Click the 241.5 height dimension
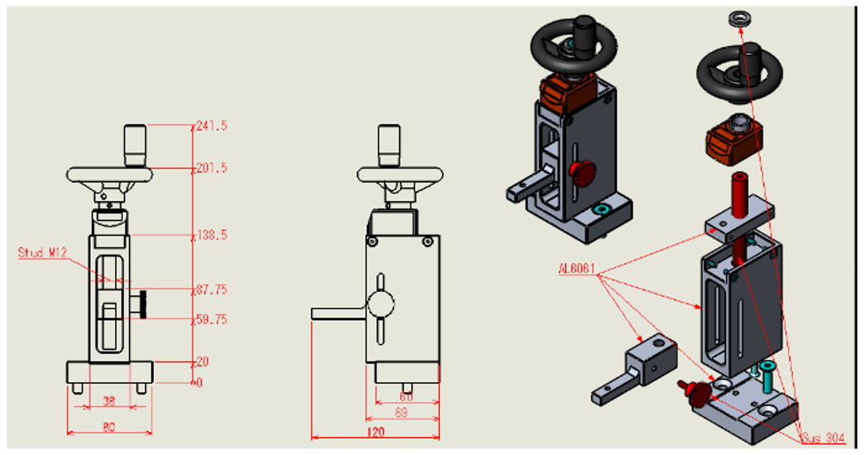pyautogui.click(x=212, y=126)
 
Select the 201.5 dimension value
pyautogui.click(x=212, y=168)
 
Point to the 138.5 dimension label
pyautogui.click(x=212, y=236)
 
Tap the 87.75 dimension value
pyautogui.click(x=212, y=290)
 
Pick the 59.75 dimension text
pyautogui.click(x=212, y=319)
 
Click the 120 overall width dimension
pyautogui.click(x=375, y=432)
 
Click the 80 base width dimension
pyautogui.click(x=109, y=427)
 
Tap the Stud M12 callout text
pyautogui.click(x=41, y=252)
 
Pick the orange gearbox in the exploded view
pyautogui.click(x=733, y=136)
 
